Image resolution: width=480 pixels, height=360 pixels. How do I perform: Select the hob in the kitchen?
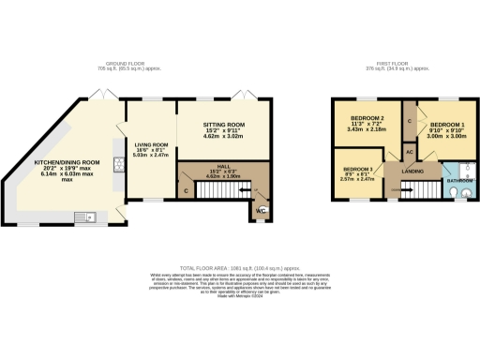[118, 166]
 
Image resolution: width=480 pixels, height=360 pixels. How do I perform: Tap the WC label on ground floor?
[262, 211]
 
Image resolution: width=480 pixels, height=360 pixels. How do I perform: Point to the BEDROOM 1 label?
[446, 124]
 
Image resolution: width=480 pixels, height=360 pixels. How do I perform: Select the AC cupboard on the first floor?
[410, 151]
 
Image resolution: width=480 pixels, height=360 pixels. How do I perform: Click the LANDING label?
[412, 170]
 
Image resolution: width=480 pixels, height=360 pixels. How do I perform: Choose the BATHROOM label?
[459, 180]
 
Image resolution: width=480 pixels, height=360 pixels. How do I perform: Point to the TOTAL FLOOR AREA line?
[239, 267]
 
